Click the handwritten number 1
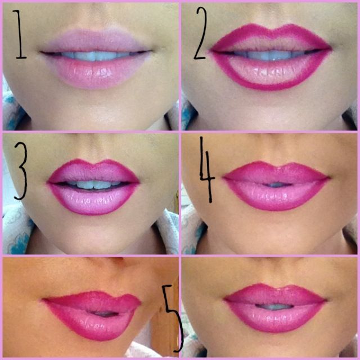click(20, 34)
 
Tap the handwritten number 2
click(201, 33)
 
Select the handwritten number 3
click(21, 171)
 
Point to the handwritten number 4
click(207, 170)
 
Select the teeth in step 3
click(93, 184)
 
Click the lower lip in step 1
click(96, 73)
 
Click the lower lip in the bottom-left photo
click(92, 326)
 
